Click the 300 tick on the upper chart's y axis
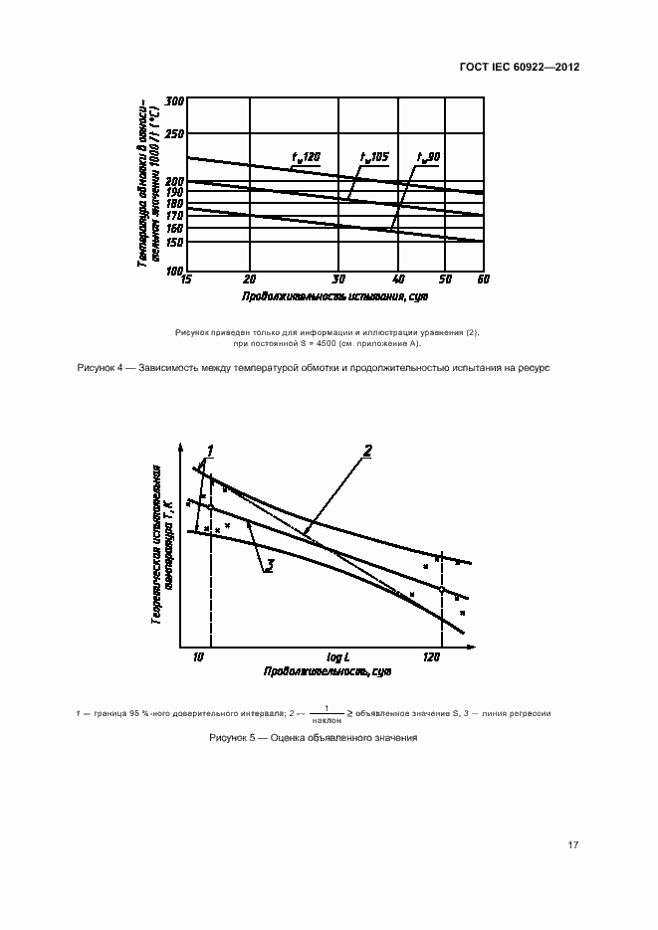click(175, 101)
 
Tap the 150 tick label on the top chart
click(175, 242)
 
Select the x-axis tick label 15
click(185, 279)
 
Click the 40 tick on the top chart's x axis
click(399, 279)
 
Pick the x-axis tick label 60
click(482, 279)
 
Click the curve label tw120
click(306, 157)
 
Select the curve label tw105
click(374, 157)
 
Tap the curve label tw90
click(429, 157)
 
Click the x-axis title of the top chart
click(333, 297)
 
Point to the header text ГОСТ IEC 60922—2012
click(520, 68)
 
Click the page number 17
click(572, 844)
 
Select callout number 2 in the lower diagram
click(366, 451)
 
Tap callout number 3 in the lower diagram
click(269, 565)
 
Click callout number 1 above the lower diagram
click(211, 450)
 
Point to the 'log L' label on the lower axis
click(339, 657)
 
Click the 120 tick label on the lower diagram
click(431, 657)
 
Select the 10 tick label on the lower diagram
click(198, 657)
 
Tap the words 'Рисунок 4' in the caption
click(100, 368)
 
